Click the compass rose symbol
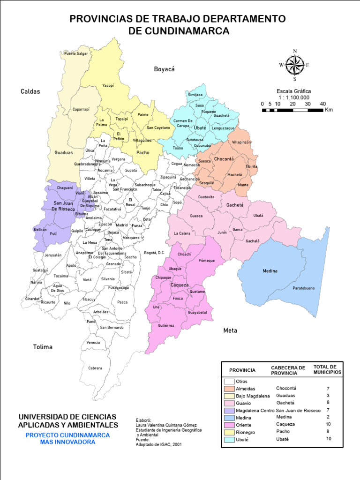pos(295,65)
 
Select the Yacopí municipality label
pos(108,86)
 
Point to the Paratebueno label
pos(304,288)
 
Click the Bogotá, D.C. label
pos(155,253)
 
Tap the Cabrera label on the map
pos(95,368)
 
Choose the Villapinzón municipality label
pos(241,142)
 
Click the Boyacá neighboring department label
pos(164,69)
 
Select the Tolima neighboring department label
pos(43,347)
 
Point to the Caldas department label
pos(30,91)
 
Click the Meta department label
pos(230,330)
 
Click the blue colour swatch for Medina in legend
pos(229,417)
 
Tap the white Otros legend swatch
pos(229,382)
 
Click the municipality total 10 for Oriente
pos(328,424)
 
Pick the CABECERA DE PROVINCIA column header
pos(288,370)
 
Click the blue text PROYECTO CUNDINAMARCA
pos(67,435)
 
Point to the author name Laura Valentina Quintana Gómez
pos(166,425)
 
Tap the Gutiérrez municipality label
pos(166,325)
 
